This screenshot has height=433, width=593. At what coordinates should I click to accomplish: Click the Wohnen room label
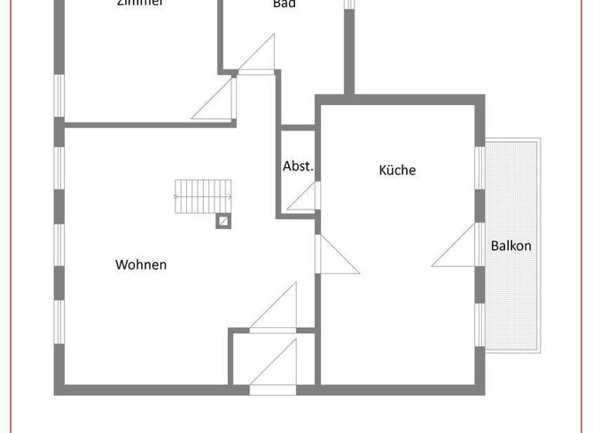click(x=141, y=264)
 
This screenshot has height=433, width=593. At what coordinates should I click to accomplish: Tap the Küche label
click(x=397, y=170)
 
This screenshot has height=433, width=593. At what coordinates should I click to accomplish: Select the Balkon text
click(x=511, y=246)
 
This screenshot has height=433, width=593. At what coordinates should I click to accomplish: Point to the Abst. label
click(x=298, y=166)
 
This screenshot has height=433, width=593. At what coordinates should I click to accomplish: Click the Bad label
click(x=284, y=4)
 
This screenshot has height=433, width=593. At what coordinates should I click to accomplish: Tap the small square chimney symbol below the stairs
click(x=222, y=221)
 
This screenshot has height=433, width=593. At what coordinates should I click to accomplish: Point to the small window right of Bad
click(x=348, y=4)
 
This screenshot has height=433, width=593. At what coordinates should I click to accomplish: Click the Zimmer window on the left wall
click(x=59, y=95)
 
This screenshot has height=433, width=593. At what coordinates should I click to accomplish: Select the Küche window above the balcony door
click(x=479, y=166)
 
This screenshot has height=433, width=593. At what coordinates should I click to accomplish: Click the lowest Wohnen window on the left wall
click(x=59, y=321)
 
